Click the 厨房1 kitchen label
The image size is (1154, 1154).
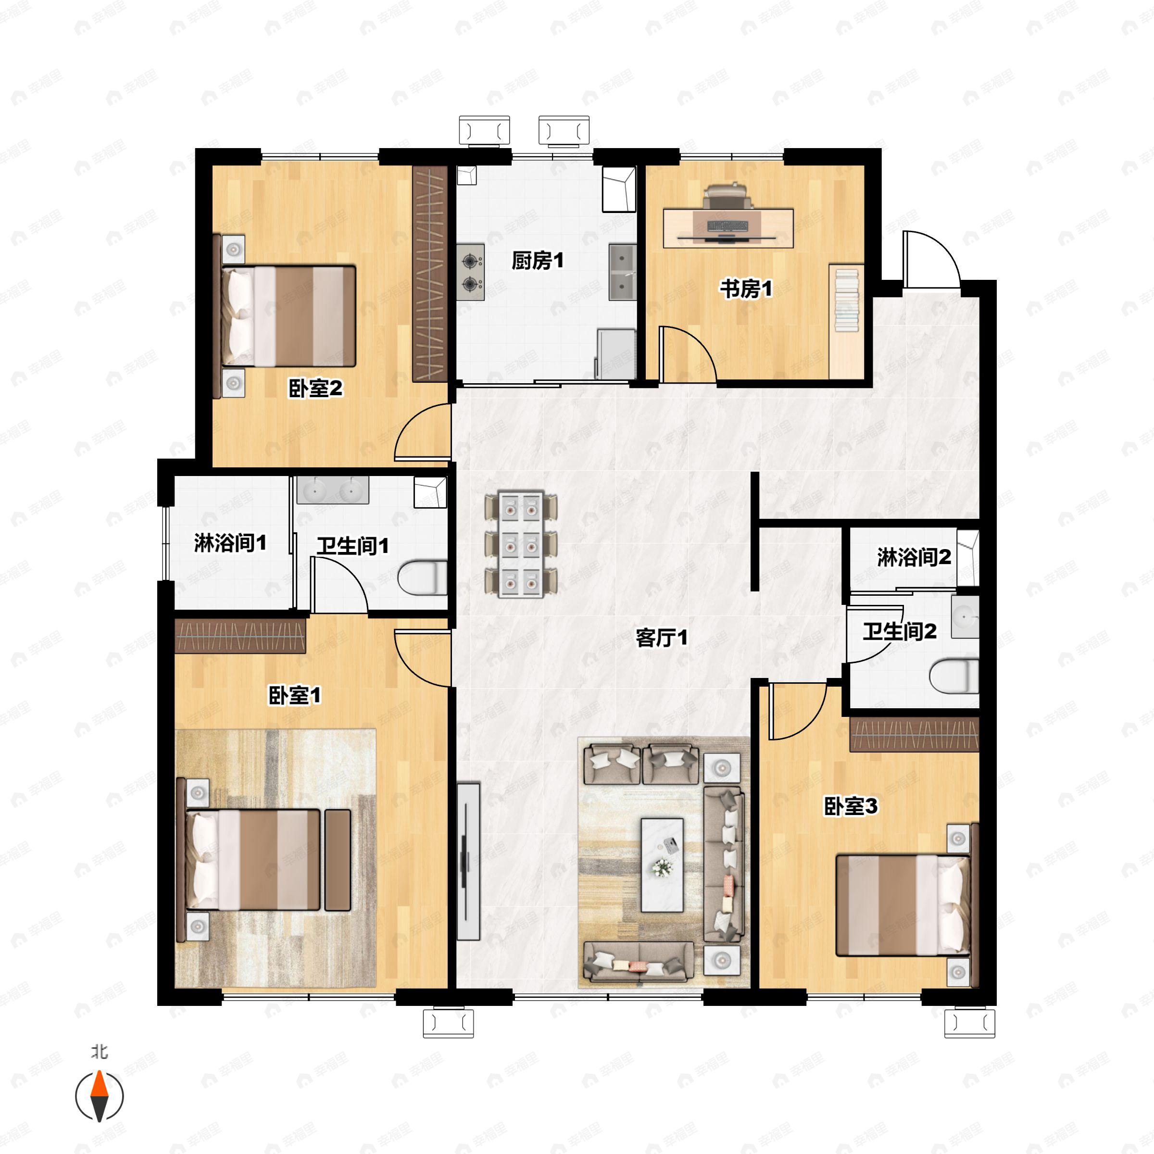538,261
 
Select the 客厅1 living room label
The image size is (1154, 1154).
661,638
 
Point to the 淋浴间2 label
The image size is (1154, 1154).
914,557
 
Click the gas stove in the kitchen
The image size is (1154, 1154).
471,272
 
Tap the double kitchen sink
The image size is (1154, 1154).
622,272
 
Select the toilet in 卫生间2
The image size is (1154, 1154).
954,676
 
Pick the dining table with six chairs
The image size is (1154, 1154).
521,544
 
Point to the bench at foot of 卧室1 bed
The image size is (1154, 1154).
338,860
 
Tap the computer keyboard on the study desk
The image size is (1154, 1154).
728,226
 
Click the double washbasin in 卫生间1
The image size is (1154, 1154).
333,490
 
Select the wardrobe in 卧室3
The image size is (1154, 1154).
915,735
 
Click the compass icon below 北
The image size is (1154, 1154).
99,1096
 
